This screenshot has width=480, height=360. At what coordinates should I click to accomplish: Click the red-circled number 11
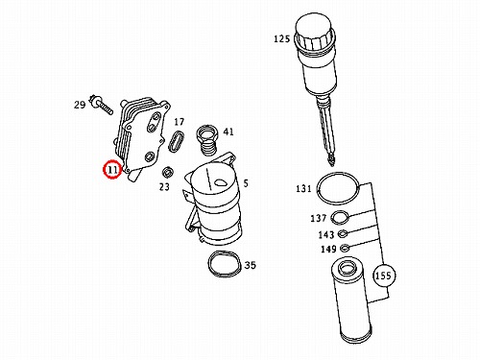(x=112, y=169)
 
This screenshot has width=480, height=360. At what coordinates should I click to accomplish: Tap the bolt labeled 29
(x=102, y=105)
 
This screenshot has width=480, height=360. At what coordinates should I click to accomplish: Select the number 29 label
(x=80, y=105)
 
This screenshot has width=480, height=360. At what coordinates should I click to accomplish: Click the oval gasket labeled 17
(x=177, y=141)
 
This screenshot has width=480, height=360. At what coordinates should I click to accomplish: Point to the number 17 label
(x=180, y=122)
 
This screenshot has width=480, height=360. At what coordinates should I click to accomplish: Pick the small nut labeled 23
(x=167, y=173)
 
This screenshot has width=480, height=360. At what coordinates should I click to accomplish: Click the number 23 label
(x=164, y=186)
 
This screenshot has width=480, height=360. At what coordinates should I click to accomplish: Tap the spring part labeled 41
(x=206, y=139)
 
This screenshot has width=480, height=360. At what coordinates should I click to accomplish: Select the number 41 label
(x=228, y=132)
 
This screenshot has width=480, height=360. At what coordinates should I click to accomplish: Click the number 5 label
(x=246, y=183)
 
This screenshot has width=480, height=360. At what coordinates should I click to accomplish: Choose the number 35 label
(x=251, y=265)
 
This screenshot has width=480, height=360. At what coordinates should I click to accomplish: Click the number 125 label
(x=281, y=38)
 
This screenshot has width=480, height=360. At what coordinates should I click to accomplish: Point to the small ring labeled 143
(x=343, y=234)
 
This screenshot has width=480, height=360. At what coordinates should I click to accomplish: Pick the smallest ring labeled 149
(x=345, y=248)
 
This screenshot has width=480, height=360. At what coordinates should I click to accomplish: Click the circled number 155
(x=383, y=276)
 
